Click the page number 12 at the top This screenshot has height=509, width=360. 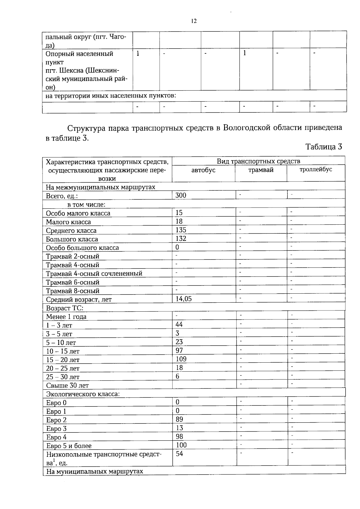coord(194,21)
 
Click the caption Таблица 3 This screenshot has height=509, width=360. coord(323,147)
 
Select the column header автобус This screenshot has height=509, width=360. coord(203,170)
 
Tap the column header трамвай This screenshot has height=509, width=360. coord(261,170)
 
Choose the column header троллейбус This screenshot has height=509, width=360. coord(316,169)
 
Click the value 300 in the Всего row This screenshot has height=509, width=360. coord(181,195)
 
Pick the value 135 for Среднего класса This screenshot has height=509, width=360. coord(181,230)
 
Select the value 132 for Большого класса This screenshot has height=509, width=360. coord(181,238)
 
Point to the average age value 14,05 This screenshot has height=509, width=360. coord(184,299)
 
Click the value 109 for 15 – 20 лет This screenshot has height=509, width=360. coord(181,359)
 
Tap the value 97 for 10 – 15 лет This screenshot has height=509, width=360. coord(179,350)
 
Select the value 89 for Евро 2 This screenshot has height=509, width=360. coord(179,419)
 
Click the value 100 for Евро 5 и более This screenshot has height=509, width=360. coord(181,445)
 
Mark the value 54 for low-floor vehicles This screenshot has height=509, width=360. coord(179,454)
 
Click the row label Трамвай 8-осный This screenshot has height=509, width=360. coord(73,291)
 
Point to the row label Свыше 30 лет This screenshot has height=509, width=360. coord(67,385)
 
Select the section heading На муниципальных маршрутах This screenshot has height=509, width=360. coord(94,472)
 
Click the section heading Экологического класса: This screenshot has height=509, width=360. coord(83,394)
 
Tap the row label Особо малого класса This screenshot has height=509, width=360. coord(78,213)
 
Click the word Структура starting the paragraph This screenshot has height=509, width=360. coord(84,128)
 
